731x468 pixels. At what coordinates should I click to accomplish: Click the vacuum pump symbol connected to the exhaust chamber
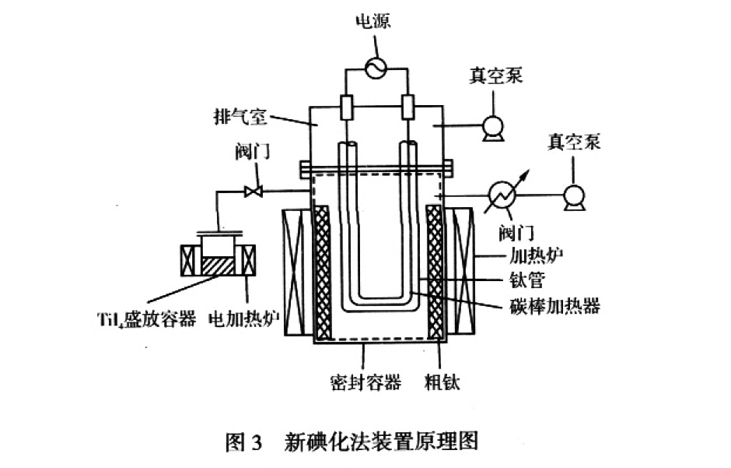point(491,126)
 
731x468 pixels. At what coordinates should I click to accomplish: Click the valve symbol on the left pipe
point(251,190)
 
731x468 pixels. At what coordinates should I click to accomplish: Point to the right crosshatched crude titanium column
point(435,273)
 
